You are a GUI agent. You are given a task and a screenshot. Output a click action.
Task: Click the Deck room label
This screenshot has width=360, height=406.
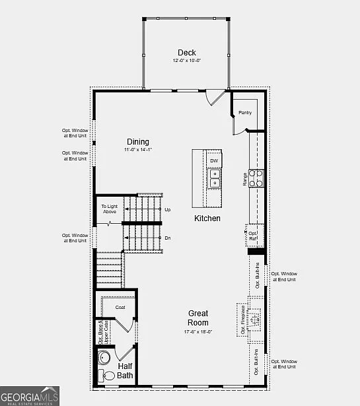(x=186, y=53)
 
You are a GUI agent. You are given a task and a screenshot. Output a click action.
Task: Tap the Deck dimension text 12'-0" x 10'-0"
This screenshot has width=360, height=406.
(x=186, y=61)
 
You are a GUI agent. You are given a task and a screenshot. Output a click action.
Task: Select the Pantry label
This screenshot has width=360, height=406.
(x=245, y=113)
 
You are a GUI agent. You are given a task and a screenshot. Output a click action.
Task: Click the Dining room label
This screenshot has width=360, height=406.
(x=138, y=142)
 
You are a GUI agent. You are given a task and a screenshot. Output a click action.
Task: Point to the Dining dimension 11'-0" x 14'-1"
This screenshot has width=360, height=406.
(x=138, y=150)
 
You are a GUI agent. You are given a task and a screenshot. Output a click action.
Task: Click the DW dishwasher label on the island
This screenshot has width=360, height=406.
(x=214, y=160)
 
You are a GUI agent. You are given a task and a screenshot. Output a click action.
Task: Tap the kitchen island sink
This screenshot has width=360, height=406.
(x=215, y=178)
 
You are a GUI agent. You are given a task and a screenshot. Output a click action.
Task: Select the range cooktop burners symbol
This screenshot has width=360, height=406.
(x=256, y=178)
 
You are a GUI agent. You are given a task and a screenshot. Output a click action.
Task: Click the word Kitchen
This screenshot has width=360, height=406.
(x=207, y=219)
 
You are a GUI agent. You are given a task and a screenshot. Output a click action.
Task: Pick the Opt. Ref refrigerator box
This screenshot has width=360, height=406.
(x=254, y=234)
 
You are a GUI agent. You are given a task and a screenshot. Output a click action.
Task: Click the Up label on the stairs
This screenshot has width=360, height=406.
(x=168, y=210)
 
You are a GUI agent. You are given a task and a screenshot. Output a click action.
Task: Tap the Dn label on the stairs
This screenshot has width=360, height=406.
(x=168, y=238)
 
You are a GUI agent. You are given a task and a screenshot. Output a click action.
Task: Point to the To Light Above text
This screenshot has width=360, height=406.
(x=109, y=209)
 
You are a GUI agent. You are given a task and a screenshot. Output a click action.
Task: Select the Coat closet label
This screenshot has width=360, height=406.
(x=120, y=308)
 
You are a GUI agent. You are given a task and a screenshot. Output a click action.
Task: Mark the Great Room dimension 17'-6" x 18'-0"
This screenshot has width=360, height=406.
(x=198, y=332)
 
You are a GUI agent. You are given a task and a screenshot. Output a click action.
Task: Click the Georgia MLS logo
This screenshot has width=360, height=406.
(x=30, y=396)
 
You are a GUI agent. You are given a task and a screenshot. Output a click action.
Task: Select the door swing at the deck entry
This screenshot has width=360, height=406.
(x=215, y=97)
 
